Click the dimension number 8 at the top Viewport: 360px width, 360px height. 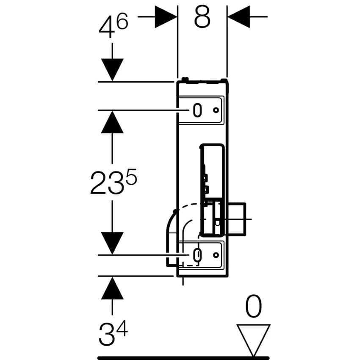202,17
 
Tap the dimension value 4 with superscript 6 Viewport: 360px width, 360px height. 114,25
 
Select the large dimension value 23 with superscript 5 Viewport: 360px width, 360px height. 114,182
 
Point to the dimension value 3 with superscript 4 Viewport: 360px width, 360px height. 114,332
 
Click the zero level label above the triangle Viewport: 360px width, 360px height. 253,306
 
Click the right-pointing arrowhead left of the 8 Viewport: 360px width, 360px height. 166,17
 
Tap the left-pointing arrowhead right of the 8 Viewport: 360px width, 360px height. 239,17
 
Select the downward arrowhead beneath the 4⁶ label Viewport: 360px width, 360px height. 112,70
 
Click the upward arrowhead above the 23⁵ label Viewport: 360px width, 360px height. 112,122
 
